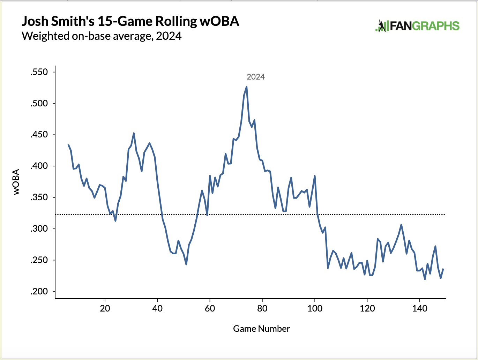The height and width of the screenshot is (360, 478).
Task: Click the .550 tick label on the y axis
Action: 39,73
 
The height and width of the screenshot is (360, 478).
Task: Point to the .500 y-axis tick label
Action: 39,104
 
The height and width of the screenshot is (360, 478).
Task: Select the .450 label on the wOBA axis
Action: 39,135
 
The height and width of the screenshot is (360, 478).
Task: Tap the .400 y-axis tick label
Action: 39,166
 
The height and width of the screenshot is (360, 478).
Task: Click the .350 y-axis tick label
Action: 39,198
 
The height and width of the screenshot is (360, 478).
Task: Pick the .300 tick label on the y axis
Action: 39,229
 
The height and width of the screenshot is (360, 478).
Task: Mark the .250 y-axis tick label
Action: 39,261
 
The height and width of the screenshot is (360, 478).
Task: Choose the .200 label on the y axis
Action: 39,292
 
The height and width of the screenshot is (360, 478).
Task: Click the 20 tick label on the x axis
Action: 105,308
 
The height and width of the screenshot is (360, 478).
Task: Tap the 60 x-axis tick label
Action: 210,308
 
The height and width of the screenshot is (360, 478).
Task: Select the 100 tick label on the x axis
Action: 315,308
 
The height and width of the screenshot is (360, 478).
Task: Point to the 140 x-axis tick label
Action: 420,308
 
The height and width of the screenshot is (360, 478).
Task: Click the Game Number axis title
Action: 261,329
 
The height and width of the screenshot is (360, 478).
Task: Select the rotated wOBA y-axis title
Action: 16,182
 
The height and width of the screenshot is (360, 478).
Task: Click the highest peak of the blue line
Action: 247,87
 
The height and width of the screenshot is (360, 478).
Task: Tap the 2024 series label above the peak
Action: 256,77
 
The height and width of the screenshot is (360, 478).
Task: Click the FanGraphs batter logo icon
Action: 382,26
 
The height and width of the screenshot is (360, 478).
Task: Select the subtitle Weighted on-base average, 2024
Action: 102,36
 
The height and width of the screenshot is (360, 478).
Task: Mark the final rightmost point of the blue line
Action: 443,269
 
